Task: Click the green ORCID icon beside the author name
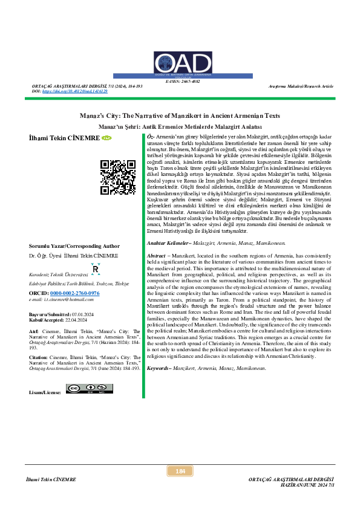pos(106,138)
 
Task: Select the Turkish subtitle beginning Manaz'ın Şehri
pos(180,127)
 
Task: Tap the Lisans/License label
pos(45,392)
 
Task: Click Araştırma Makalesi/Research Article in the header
pos(301,86)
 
